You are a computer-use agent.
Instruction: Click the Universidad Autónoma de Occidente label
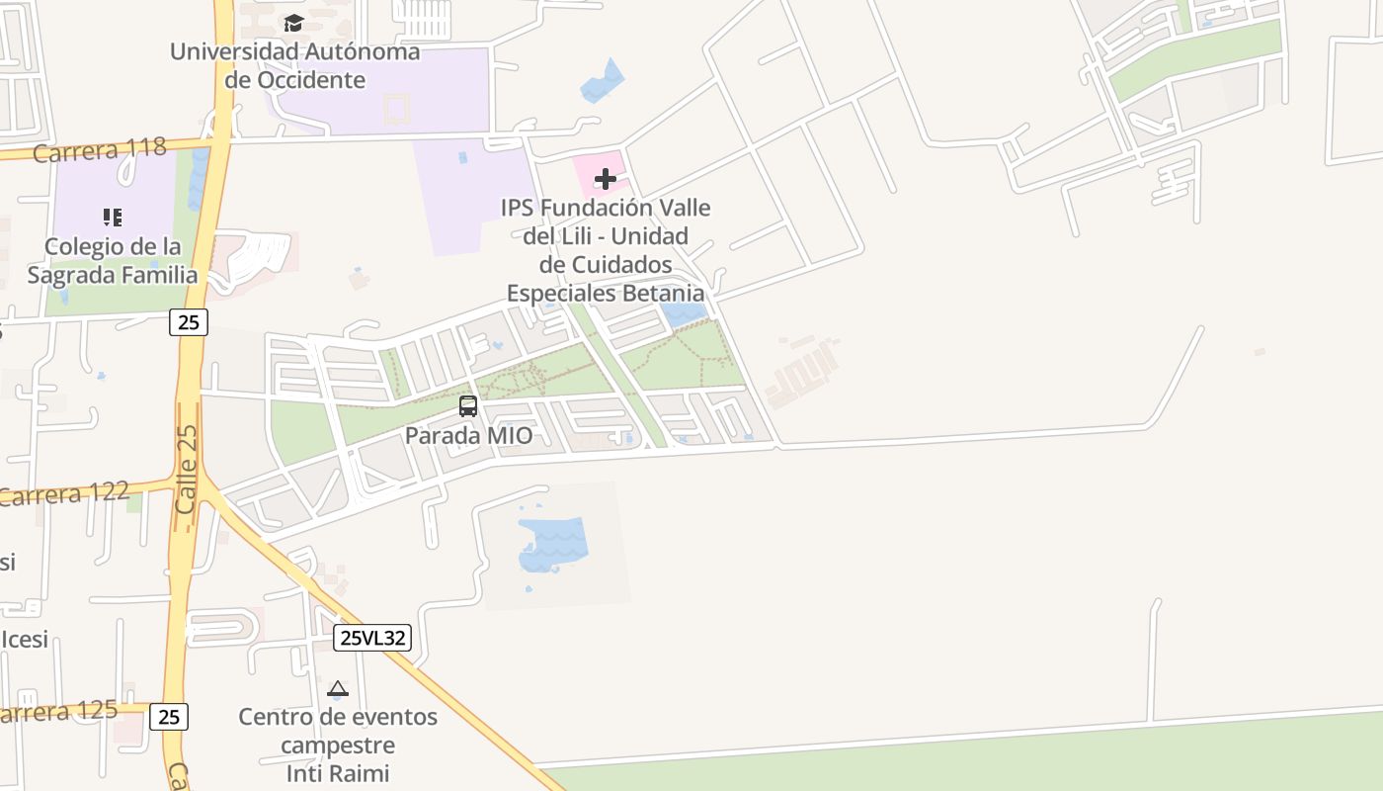(x=294, y=65)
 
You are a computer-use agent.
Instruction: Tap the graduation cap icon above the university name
(x=293, y=23)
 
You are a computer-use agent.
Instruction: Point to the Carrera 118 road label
(x=99, y=150)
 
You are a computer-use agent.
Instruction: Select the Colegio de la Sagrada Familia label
(x=113, y=261)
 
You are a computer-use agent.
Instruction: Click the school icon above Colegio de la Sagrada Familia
(x=113, y=217)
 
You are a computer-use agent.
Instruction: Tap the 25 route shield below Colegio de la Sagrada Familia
(x=188, y=321)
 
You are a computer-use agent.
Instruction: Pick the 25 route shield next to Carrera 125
(x=169, y=717)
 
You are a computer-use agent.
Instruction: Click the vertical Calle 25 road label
(x=187, y=469)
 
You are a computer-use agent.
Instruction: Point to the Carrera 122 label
(x=63, y=493)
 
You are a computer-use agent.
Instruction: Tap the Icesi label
(x=24, y=640)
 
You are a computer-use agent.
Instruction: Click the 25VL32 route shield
(x=371, y=638)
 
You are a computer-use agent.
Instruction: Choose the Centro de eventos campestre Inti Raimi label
(x=338, y=745)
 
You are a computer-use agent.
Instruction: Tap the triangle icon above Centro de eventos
(x=338, y=689)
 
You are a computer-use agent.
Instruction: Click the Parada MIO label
(x=468, y=436)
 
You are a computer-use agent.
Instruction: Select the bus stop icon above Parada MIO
(x=468, y=405)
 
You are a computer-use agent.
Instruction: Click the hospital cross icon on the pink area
(x=606, y=179)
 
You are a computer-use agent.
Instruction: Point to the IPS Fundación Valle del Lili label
(x=606, y=250)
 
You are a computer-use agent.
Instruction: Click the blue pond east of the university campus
(x=604, y=82)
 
